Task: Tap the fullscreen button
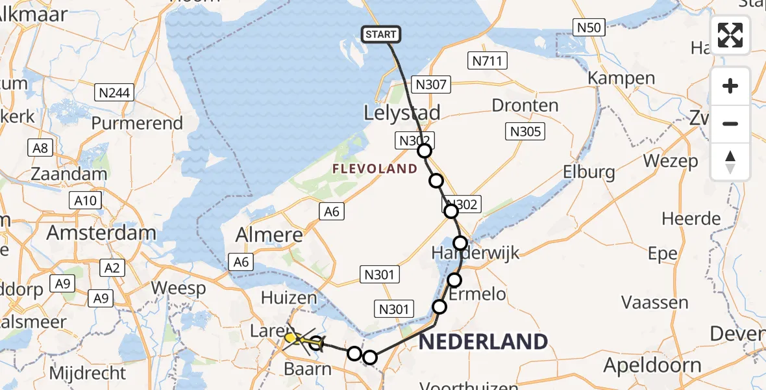pos(730,35)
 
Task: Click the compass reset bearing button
pos(730,162)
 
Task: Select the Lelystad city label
pos(402,112)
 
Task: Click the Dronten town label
pos(525,105)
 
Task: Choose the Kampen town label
pos(621,79)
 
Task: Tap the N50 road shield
pos(589,27)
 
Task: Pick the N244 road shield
pos(114,93)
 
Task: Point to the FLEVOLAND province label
pos(375,169)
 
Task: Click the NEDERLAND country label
pos(483,341)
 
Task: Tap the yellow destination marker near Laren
pos(290,337)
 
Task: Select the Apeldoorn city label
pos(652,365)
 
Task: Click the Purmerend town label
pos(137,123)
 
